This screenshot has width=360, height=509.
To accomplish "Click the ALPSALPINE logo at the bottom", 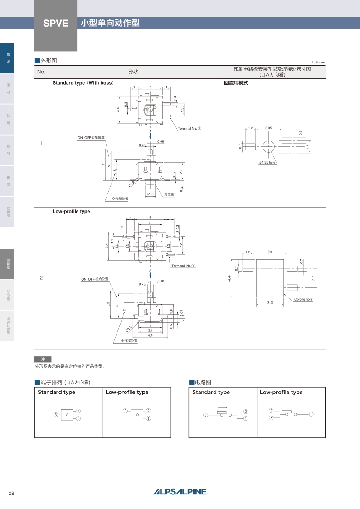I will [180, 492].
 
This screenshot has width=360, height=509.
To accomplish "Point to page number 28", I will [11, 493].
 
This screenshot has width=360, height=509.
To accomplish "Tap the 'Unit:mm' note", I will [318, 62].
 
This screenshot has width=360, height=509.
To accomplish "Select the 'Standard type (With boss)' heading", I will [83, 83].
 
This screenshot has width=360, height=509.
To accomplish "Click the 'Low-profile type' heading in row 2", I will [71, 211].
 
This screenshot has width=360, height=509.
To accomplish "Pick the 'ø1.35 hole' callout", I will [268, 162].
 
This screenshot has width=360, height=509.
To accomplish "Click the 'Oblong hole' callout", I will [303, 299].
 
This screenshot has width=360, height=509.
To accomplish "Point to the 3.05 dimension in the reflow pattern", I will [268, 128].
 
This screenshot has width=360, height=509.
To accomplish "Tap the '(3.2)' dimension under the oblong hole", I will [270, 302].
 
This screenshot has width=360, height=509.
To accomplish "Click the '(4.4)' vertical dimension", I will [230, 279].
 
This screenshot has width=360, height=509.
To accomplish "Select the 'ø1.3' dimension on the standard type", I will [151, 194].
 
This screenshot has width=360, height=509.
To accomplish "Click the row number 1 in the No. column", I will [41, 143].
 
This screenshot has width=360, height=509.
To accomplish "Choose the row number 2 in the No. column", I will [41, 278].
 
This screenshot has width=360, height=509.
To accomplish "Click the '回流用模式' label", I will [236, 83].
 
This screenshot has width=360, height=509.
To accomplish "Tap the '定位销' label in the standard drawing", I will [169, 194].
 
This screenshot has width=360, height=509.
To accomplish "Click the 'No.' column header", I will [41, 72].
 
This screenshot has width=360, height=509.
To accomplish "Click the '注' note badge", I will [43, 359].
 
